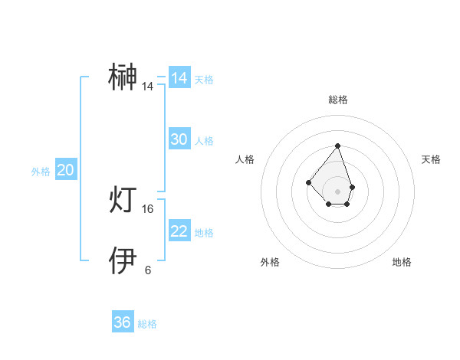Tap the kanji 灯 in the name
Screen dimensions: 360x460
click(x=124, y=200)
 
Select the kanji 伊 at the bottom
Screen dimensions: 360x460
click(x=124, y=261)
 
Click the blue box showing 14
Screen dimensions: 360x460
click(x=179, y=78)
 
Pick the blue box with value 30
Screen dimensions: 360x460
click(x=179, y=139)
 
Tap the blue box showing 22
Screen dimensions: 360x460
click(x=179, y=231)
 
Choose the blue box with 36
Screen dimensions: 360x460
click(x=123, y=322)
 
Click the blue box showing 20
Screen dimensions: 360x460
click(x=66, y=170)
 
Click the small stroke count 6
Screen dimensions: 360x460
click(x=148, y=270)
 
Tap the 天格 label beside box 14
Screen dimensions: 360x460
click(x=204, y=80)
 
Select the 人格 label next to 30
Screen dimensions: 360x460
click(x=204, y=141)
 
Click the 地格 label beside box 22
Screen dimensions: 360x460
click(x=204, y=233)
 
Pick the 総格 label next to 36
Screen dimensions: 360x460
click(x=147, y=325)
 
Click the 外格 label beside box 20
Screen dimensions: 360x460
click(x=41, y=172)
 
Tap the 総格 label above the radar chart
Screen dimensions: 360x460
click(x=338, y=100)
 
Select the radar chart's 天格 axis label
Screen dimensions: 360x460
click(x=432, y=159)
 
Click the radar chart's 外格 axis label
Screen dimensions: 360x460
click(x=270, y=262)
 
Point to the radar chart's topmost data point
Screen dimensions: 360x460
click(x=337, y=146)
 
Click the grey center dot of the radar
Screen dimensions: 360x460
click(x=337, y=191)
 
